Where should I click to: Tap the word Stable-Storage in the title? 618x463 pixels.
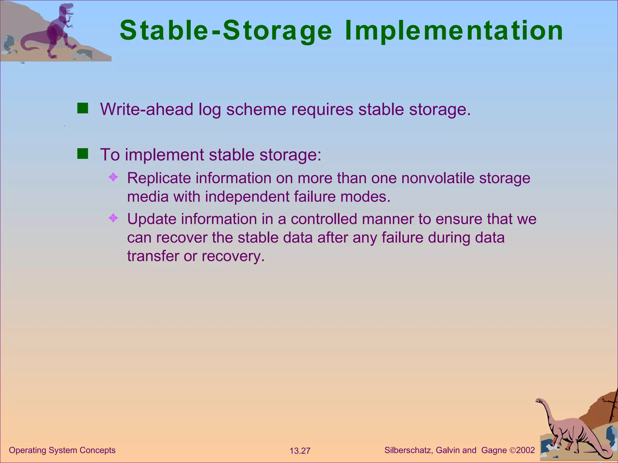226,31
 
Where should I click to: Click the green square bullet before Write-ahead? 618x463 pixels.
82,108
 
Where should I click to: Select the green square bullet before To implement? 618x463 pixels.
82,154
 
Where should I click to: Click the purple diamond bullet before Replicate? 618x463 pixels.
113,177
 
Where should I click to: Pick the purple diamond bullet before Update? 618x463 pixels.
113,218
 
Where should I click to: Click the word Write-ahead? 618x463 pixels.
147,109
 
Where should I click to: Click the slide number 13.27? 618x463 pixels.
300,451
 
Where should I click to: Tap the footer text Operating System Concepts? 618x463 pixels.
62,450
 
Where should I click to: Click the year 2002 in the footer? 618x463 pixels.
525,450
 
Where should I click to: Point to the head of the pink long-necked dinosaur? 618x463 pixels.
539,401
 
